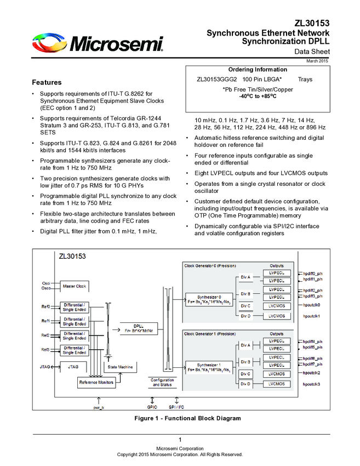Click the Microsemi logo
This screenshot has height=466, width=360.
click(x=98, y=43)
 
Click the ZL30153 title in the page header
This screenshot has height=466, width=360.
click(x=312, y=24)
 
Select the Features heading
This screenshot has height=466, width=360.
click(x=47, y=82)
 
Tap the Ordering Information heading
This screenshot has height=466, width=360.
click(x=257, y=70)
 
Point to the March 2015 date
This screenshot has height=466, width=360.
click(x=317, y=60)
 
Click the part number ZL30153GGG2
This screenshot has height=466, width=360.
click(x=216, y=79)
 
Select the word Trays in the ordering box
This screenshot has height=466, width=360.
click(x=305, y=79)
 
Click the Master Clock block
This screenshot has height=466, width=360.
click(x=74, y=286)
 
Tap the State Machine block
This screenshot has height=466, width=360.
click(x=121, y=367)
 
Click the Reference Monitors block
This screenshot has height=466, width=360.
click(x=96, y=382)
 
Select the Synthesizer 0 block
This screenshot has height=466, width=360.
click(x=209, y=299)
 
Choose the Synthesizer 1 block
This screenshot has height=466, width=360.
click(x=209, y=367)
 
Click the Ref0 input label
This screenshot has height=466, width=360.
click(x=45, y=306)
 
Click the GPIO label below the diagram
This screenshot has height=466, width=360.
click(x=152, y=407)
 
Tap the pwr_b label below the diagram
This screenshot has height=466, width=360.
click(x=99, y=407)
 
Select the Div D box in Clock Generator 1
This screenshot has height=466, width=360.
click(x=245, y=384)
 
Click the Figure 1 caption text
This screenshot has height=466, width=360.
click(x=187, y=418)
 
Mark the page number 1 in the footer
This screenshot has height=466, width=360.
click(x=180, y=441)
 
